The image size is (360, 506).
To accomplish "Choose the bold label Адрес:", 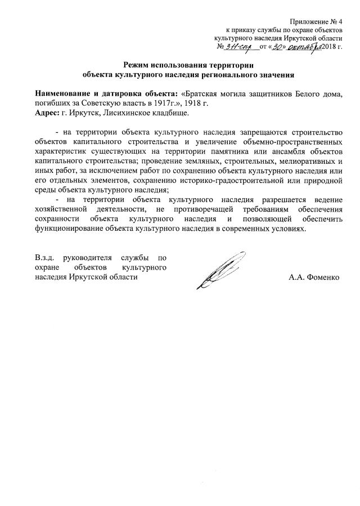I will point(47,113).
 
